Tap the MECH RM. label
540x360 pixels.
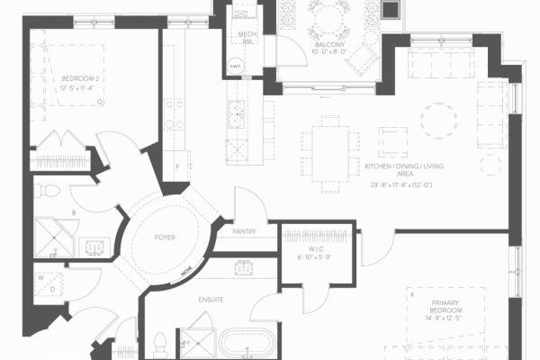(248, 37)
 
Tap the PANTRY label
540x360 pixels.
(244, 231)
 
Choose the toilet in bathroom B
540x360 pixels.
(50, 191)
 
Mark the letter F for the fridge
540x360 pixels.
(178, 167)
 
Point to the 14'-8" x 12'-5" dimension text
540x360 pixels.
(447, 318)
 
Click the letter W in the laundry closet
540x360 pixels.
(42, 278)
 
